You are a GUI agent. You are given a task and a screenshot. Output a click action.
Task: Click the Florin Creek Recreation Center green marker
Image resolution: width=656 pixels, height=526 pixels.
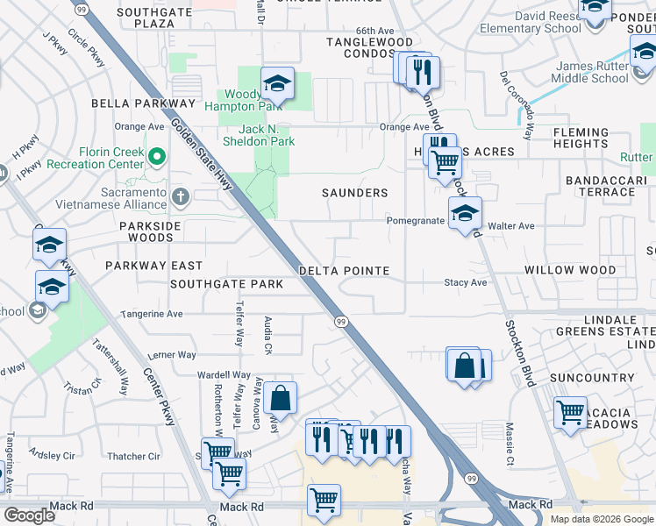point(157,158)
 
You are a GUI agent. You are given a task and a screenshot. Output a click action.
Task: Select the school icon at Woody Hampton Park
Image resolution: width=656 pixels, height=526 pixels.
point(277,85)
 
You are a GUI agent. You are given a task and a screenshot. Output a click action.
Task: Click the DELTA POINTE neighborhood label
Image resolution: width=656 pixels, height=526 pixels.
point(344,271)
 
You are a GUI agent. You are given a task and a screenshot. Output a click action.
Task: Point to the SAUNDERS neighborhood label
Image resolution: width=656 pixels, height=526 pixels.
point(354,193)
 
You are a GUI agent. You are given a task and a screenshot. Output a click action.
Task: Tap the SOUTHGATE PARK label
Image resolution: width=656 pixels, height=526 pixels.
point(226,284)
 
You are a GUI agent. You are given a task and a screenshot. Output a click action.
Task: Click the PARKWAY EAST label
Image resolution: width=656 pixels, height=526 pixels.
point(153,265)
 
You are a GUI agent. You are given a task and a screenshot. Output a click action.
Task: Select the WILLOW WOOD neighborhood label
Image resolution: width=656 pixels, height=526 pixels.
point(570,270)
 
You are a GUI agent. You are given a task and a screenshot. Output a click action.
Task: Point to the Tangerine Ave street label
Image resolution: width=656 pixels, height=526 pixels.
point(152,313)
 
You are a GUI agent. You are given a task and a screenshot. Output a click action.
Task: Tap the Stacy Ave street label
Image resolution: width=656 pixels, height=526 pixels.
point(465,283)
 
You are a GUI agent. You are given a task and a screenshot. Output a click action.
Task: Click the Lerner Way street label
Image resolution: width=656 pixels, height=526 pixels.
point(172,355)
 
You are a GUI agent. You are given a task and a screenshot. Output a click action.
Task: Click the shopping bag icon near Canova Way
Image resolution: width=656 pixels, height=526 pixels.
point(280,398)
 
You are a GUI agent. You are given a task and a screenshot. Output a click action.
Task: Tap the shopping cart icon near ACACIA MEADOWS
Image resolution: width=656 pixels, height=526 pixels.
point(571,413)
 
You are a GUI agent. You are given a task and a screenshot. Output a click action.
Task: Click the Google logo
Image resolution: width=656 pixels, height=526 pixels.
point(30,515)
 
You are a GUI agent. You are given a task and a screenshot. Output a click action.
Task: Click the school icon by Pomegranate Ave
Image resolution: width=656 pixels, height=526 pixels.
point(465,212)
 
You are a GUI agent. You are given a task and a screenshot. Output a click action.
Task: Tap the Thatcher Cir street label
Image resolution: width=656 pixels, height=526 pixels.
point(133,456)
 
